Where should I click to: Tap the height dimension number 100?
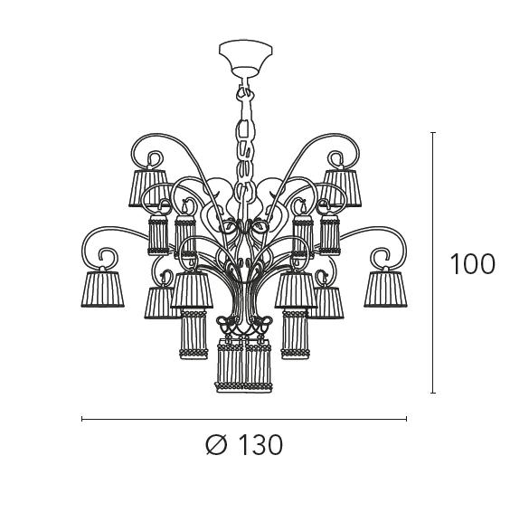click(x=473, y=264)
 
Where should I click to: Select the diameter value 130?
click(x=260, y=445)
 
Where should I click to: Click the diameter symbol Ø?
click(x=216, y=445)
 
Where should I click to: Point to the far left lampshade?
click(x=102, y=289)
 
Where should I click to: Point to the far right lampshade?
click(x=385, y=289)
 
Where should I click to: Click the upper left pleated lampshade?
click(x=148, y=188)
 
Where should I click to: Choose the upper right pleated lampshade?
click(x=341, y=188)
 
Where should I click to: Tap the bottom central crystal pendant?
click(x=243, y=365)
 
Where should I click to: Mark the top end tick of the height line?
click(x=433, y=133)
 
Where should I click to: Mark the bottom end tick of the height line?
click(x=433, y=393)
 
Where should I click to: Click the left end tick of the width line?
click(x=82, y=419)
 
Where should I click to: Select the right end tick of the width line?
click(x=407, y=419)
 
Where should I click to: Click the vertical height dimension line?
click(x=433, y=263)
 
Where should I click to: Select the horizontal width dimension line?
click(x=244, y=419)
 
